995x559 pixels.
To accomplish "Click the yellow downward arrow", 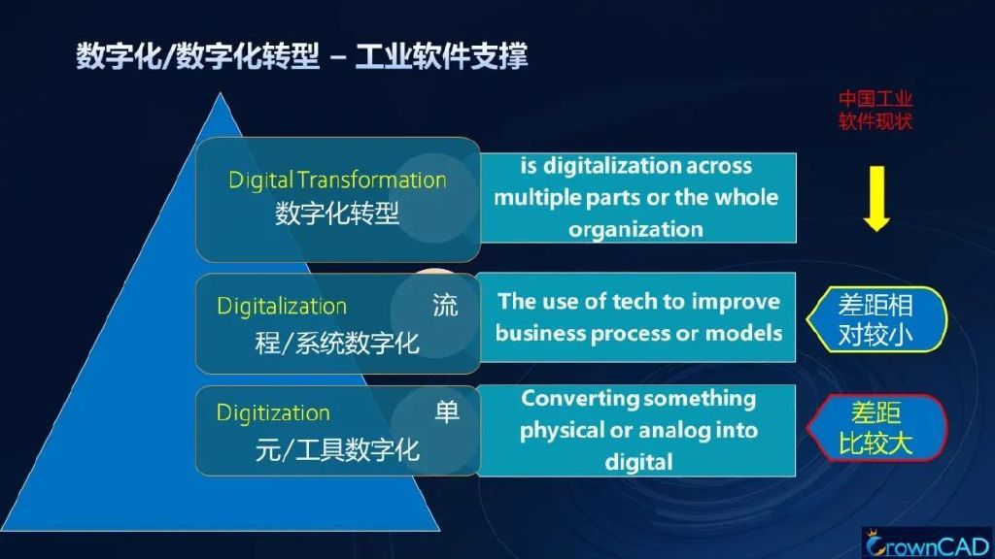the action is [876, 198].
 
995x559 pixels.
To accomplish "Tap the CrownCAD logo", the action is [928, 544].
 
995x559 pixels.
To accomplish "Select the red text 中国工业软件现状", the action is [875, 110].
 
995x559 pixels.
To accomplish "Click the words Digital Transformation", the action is [337, 180].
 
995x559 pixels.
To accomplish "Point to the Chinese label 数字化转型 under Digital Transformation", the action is [337, 213].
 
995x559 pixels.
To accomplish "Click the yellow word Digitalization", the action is [282, 306].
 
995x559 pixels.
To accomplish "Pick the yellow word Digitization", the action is [273, 413].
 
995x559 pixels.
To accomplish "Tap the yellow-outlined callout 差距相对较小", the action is [876, 319].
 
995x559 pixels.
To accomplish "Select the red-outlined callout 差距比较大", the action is [876, 428].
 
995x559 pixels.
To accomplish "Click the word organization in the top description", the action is [635, 229].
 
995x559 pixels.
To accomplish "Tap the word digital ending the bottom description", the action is [638, 461].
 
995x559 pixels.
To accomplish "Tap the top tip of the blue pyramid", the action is [221, 93].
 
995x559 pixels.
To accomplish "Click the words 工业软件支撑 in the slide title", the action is [442, 55].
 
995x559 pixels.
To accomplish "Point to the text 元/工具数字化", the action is [337, 450].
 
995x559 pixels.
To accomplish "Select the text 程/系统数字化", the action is [337, 344].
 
